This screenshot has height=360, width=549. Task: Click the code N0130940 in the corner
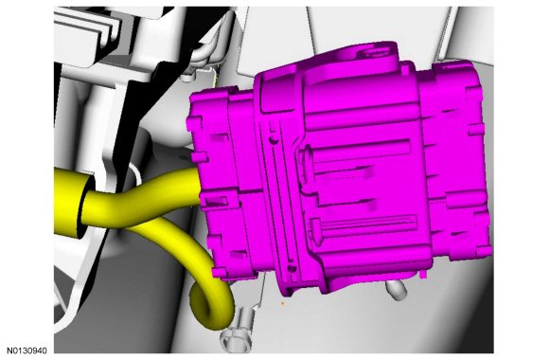pos(27,351)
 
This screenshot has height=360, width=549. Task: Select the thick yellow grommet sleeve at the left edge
pos(69,203)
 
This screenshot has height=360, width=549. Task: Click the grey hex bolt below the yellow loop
pos(237,335)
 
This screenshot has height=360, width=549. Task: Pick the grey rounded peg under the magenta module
pos(397,290)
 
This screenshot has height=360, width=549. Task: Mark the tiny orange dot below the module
pos(283,303)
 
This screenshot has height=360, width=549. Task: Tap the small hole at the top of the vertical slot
pos(274,140)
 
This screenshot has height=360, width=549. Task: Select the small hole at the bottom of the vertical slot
pos(292,269)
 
